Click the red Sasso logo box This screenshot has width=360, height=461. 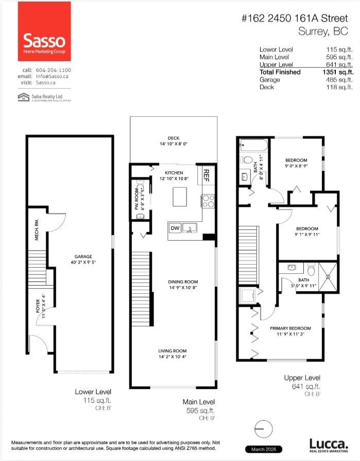tap(44, 31)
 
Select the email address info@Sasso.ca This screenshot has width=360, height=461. tap(54, 76)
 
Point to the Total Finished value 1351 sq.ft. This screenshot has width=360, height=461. tap(337, 73)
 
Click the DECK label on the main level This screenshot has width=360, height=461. tap(173, 138)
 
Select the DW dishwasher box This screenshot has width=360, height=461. tap(175, 228)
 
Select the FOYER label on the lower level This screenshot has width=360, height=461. tap(37, 304)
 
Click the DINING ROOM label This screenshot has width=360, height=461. tap(183, 281)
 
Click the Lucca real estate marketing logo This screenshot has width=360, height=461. tap(327, 445)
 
